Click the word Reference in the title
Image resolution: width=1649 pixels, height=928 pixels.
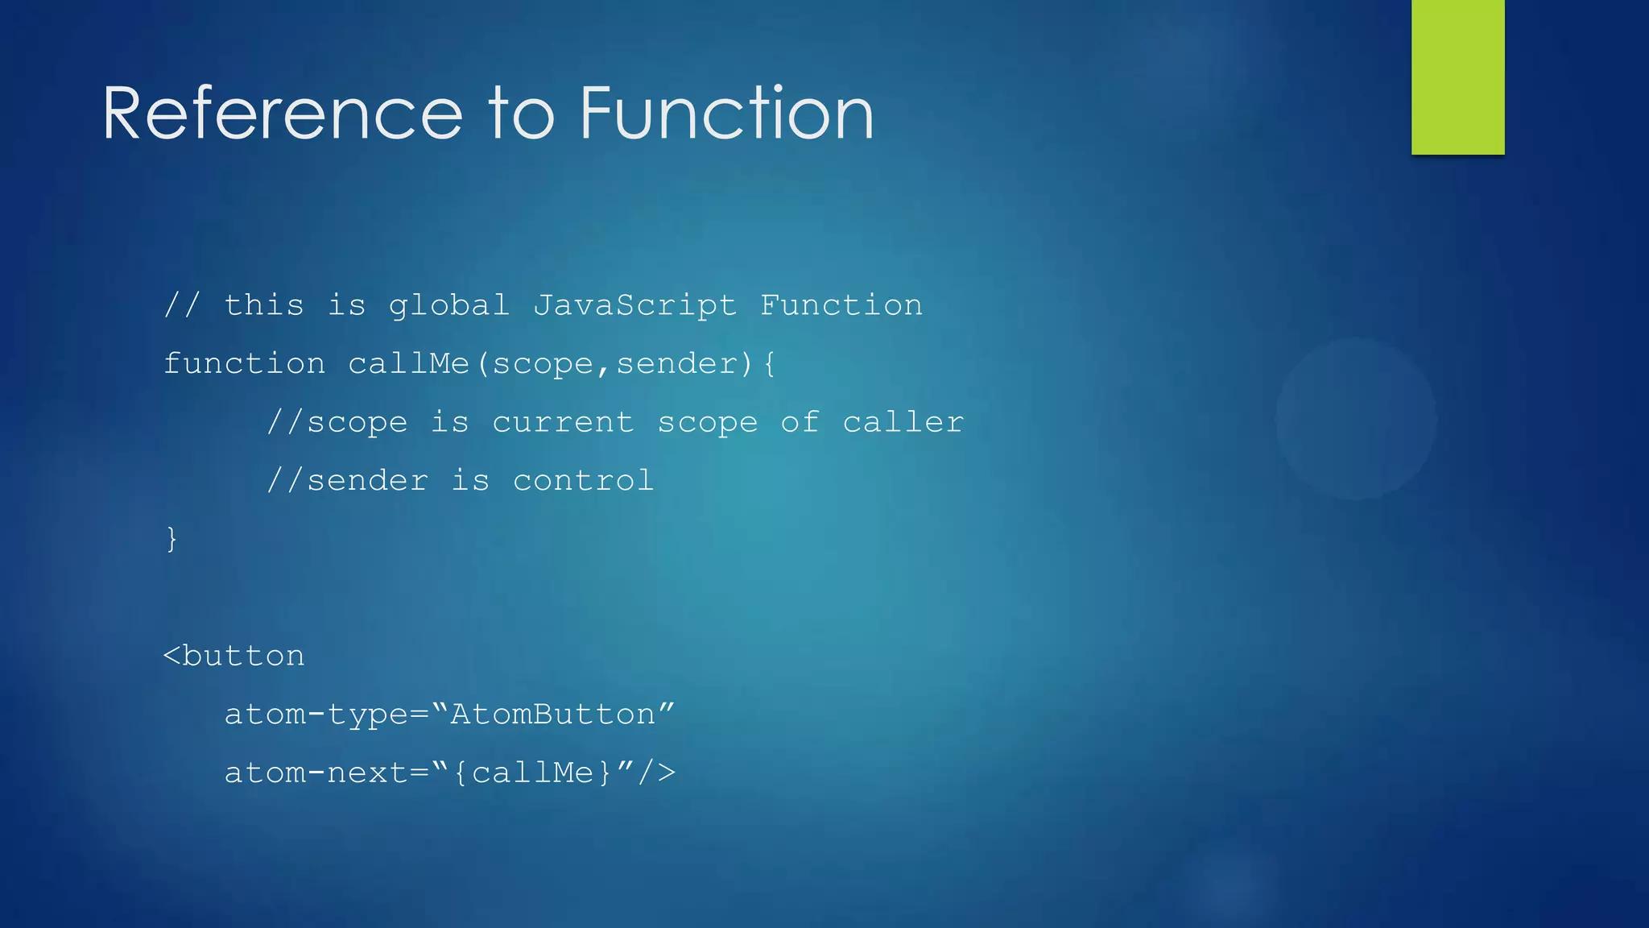282,114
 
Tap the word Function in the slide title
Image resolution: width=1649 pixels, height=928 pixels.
726,114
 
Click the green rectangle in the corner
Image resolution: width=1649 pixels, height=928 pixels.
1457,77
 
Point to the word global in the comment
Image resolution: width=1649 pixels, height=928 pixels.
448,306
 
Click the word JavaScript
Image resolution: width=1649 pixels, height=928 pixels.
634,306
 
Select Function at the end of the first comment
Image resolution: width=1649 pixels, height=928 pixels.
841,306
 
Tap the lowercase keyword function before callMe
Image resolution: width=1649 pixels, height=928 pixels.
244,364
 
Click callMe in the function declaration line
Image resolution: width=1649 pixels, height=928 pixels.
408,364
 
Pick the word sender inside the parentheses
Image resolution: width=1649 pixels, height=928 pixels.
676,364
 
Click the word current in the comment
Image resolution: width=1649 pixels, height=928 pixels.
563,423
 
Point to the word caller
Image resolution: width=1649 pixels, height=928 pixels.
903,423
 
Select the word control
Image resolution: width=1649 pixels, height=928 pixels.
583,481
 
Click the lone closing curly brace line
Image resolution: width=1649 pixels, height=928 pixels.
172,538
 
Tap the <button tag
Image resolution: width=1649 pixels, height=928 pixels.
234,657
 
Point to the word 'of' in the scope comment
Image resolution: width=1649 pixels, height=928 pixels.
800,423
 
